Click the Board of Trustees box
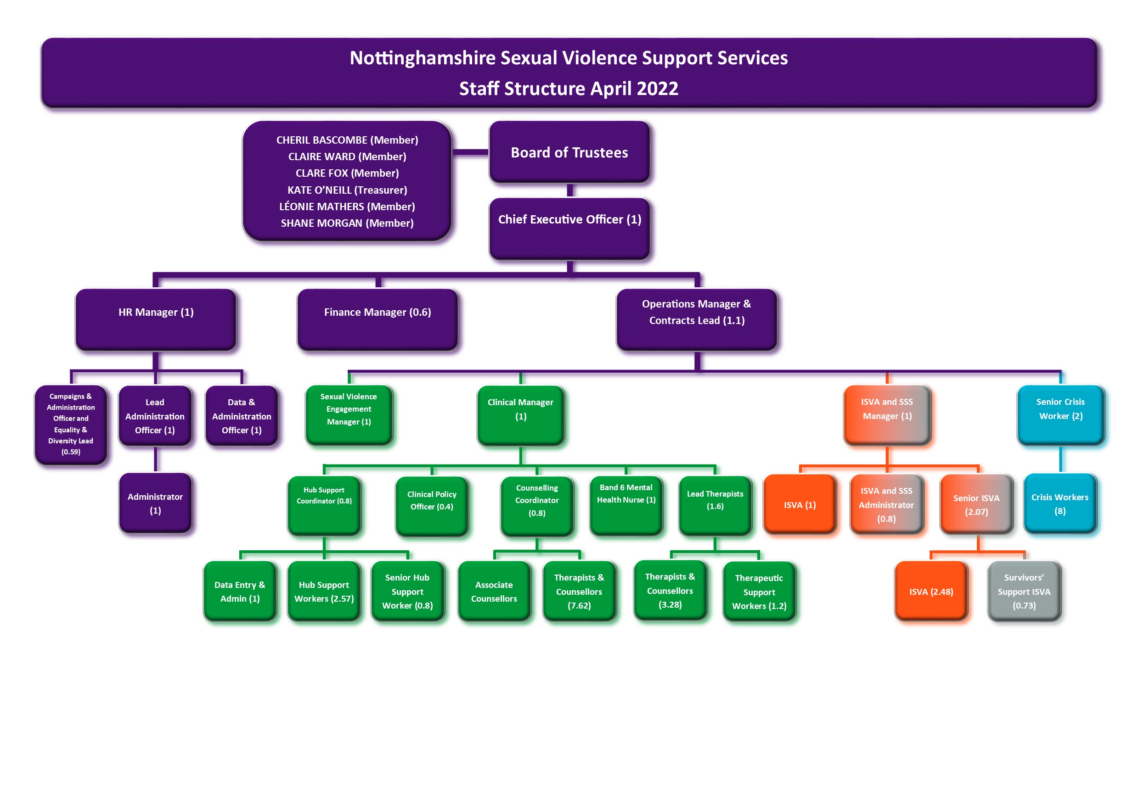coord(569,152)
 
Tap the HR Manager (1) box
coord(156,319)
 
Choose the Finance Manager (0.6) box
coord(378,319)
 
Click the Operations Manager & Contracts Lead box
coord(697,319)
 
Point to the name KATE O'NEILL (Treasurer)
coord(347,190)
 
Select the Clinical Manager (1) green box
coord(520,414)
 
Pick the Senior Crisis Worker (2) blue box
coord(1060,414)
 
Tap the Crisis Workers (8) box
coord(1060,503)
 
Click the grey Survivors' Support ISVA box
coord(1024,591)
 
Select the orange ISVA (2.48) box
coord(930,591)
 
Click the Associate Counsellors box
coord(494,591)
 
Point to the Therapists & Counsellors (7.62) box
coord(579,591)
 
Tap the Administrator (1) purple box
coord(155,503)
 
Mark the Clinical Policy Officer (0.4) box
coord(432,506)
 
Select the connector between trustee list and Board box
coord(470,152)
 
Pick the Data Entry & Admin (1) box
coord(240,591)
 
